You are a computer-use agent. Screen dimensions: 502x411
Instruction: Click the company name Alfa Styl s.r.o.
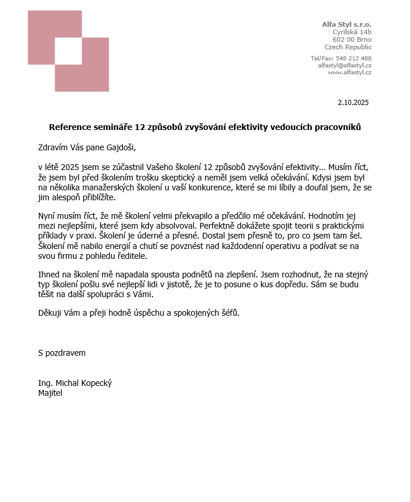347,24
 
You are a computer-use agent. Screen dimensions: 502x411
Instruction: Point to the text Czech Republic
348,47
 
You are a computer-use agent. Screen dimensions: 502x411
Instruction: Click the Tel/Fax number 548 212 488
354,58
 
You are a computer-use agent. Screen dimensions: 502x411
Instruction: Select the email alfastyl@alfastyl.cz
344,66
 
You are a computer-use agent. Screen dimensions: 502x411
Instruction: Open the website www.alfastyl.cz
350,73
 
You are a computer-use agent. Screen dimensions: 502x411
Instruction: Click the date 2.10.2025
353,103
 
